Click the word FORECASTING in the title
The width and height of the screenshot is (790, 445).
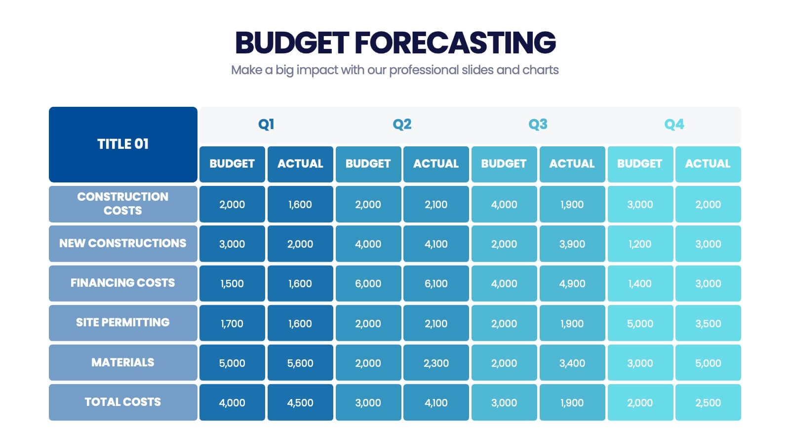(455, 43)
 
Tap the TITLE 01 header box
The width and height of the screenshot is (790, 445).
(123, 144)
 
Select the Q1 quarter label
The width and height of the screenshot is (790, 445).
(266, 124)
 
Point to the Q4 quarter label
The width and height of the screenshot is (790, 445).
(674, 124)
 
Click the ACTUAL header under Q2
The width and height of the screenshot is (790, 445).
(436, 164)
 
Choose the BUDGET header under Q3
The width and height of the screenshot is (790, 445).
(504, 164)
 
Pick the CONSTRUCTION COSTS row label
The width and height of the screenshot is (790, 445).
(123, 204)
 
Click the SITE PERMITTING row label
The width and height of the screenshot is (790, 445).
(123, 322)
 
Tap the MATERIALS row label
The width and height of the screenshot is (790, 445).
(123, 362)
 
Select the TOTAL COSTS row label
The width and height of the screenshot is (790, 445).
(123, 402)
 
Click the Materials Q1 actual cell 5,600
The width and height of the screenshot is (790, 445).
(300, 363)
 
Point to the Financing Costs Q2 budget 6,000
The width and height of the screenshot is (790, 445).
(368, 283)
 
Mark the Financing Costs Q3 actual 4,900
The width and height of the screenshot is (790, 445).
(572, 283)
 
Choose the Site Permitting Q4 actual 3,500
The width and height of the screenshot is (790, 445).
(708, 323)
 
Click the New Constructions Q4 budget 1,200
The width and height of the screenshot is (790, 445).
(640, 244)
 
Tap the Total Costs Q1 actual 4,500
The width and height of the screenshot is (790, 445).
(300, 402)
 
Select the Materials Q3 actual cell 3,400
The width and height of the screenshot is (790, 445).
(572, 363)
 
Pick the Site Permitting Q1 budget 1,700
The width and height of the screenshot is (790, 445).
(232, 323)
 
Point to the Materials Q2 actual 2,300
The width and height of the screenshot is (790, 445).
(436, 363)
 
